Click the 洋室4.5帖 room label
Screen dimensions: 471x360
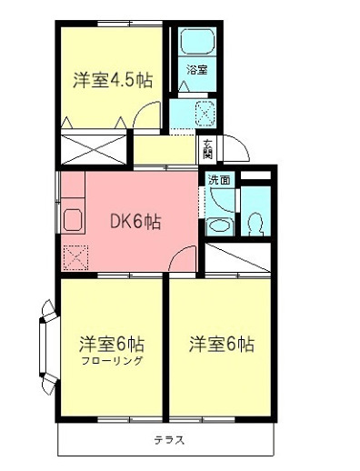coord(112,79)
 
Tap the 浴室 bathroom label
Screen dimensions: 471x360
coord(196,69)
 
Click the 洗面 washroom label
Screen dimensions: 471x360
coord(219,179)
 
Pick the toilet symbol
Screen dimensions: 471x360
coord(255,221)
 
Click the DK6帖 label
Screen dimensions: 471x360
coord(135,221)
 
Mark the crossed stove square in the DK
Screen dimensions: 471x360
coord(74,257)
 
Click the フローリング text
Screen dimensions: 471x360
coord(112,361)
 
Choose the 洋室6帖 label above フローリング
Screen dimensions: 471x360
coord(111,345)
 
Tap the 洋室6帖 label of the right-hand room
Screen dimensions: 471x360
coord(221,345)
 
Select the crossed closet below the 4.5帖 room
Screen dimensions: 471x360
coord(95,147)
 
